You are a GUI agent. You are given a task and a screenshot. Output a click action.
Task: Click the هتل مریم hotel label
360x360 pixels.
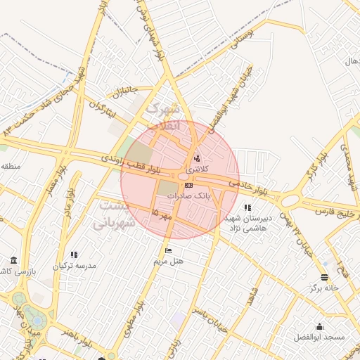point(169,261)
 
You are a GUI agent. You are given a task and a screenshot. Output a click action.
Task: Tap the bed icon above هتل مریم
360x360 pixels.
point(167,250)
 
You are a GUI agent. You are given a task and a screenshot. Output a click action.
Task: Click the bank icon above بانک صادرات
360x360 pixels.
point(188,185)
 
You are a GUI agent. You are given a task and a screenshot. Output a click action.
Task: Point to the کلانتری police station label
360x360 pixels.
point(197,169)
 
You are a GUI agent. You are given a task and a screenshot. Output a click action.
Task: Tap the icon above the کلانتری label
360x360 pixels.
point(196,158)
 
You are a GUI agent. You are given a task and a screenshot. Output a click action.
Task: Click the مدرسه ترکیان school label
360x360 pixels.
point(76,266)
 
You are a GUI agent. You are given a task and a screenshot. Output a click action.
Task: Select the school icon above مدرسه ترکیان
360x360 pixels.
point(75,255)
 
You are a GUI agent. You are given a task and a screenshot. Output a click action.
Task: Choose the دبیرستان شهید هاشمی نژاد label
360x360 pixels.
point(245,224)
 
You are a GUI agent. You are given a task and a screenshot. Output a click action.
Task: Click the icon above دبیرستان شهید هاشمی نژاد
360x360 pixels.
point(247,207)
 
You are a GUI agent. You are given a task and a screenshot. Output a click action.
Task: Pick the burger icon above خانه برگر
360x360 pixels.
point(324,277)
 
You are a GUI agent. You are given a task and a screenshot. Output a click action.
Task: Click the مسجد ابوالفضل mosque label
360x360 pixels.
point(321,337)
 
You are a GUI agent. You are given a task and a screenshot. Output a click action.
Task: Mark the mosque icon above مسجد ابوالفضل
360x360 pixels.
point(320,327)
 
